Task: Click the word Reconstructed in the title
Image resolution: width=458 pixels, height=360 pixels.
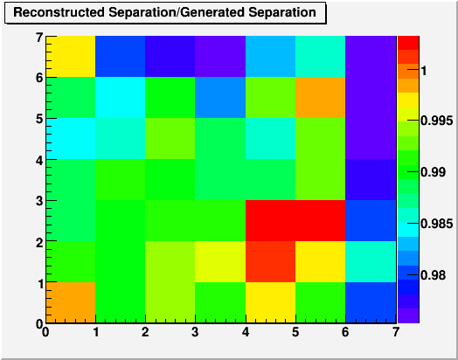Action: tap(59, 12)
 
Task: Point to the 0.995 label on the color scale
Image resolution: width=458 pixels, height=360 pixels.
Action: tap(437, 121)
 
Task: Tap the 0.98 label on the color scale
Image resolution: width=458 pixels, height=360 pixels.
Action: tap(434, 275)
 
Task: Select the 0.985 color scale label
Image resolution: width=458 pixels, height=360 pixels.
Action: tap(437, 224)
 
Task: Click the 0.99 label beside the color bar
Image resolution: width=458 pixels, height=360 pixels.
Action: tap(434, 172)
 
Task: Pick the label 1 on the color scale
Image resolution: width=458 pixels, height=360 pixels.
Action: tap(424, 71)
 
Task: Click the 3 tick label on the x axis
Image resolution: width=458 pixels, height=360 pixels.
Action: tap(195, 332)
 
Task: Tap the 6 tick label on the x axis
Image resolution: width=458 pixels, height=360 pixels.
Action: tap(345, 332)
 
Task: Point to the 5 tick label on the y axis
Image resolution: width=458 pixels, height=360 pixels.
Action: tap(39, 119)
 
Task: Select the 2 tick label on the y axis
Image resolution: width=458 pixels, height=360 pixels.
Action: tap(39, 242)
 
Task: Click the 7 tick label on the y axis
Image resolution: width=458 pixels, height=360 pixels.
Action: tap(39, 38)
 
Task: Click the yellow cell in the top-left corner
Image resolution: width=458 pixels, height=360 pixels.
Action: tap(71, 57)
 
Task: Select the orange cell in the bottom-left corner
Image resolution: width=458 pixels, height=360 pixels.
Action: tap(71, 302)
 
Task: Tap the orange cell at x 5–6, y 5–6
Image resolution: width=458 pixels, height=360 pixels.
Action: tap(321, 98)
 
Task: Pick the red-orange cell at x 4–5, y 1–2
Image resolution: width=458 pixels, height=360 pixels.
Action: tap(270, 261)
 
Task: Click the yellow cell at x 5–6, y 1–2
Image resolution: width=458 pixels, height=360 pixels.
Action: tap(321, 261)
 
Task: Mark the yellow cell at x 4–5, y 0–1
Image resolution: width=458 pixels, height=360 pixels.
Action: tap(270, 302)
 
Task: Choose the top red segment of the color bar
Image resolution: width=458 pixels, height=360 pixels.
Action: tap(408, 43)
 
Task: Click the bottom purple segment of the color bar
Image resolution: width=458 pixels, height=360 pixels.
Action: tap(408, 315)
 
